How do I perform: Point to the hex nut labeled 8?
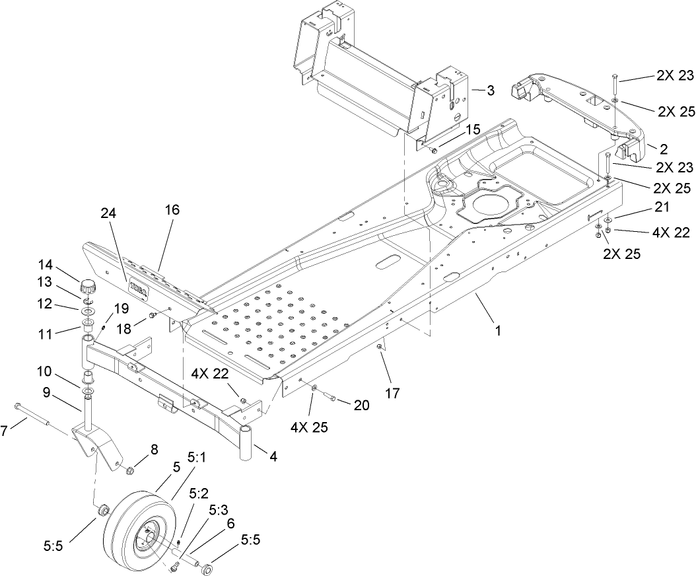click(131, 470)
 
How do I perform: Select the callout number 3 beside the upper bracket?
click(490, 91)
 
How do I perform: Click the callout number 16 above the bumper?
click(172, 209)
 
